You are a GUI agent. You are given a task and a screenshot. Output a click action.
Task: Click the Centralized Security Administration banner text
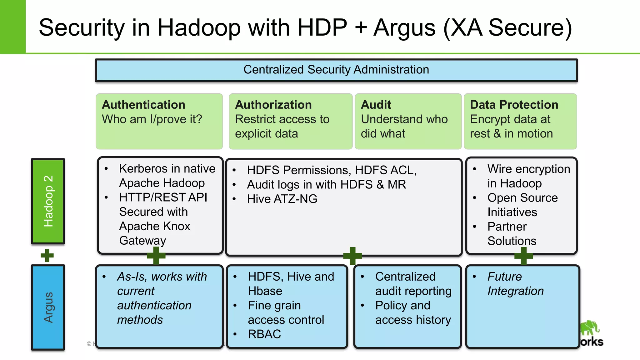coord(336,70)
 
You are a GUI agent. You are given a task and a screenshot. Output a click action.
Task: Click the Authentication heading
coord(143,105)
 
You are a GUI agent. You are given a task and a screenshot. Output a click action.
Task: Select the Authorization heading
coord(273,105)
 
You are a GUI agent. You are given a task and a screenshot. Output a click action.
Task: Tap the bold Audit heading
coord(376,105)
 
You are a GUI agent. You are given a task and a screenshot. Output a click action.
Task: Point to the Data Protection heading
coord(514,105)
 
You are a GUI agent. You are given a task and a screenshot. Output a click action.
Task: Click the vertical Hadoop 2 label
coord(48,201)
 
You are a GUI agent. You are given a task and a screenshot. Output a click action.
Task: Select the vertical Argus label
coord(48,307)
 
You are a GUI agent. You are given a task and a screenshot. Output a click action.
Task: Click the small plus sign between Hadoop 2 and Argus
coord(47,255)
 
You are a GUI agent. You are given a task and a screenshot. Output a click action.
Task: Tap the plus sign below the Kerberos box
coord(156,255)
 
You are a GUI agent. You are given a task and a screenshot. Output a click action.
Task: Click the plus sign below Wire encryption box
coord(523,256)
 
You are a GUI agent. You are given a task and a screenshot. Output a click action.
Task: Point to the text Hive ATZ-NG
coord(282,199)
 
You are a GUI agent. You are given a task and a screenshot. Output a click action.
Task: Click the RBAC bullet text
coord(264,334)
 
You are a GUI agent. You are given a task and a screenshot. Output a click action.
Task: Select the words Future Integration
coord(515,284)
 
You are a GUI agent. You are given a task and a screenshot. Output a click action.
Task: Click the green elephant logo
coord(589,328)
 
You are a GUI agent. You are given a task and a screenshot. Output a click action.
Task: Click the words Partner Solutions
coord(511,234)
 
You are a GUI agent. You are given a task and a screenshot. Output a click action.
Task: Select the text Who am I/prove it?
coord(152,119)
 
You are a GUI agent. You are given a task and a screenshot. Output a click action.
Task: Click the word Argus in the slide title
coord(404,27)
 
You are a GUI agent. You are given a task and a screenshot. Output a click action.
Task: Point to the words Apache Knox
coord(154,226)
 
